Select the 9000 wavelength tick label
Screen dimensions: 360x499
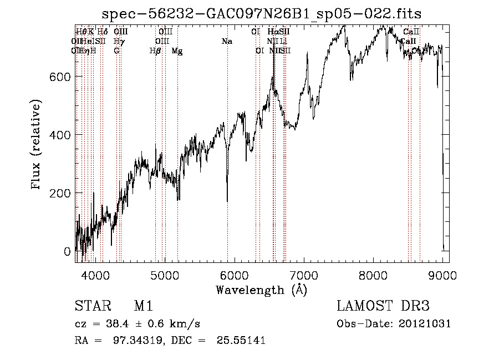tap(442, 275)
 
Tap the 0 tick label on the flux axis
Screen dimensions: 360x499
tap(68, 251)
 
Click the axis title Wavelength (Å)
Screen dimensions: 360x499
tap(261, 289)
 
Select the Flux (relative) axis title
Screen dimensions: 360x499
tap(37, 145)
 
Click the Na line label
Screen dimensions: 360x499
tap(226, 42)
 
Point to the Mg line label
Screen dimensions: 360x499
tap(177, 51)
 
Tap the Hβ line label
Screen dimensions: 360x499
tap(155, 51)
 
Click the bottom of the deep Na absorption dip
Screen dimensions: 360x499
tap(227, 201)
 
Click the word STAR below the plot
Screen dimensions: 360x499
tap(91, 307)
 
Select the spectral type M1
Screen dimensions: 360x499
tap(142, 307)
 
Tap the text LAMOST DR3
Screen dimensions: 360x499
tap(383, 307)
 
